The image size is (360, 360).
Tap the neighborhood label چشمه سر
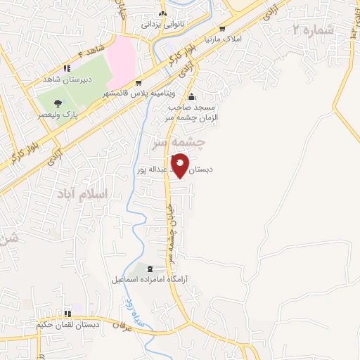coord(179,143)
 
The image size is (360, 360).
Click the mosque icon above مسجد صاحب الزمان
coord(192,97)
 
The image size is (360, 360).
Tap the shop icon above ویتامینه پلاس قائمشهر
coord(139,83)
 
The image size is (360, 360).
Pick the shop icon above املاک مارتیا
coord(222,29)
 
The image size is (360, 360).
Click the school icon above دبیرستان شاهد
coord(67,68)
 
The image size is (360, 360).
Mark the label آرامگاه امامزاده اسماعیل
coord(148,280)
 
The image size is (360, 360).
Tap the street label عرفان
coord(122,326)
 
